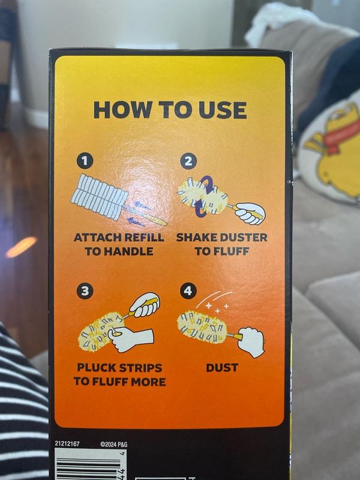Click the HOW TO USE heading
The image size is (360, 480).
[x=170, y=110]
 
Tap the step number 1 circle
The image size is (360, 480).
[x=85, y=161]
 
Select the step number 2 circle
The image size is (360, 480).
[x=188, y=161]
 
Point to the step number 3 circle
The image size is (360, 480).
[x=85, y=290]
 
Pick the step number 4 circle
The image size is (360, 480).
[x=188, y=290]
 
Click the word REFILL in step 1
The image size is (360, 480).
[x=143, y=238]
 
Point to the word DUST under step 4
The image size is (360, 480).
[x=222, y=368]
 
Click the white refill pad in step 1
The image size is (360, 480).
[x=100, y=197]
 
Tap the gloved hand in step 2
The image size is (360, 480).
[x=250, y=214]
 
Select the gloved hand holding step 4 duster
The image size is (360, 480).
[x=251, y=342]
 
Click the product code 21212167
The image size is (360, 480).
[x=67, y=443]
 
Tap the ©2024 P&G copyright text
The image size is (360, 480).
[x=113, y=444]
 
